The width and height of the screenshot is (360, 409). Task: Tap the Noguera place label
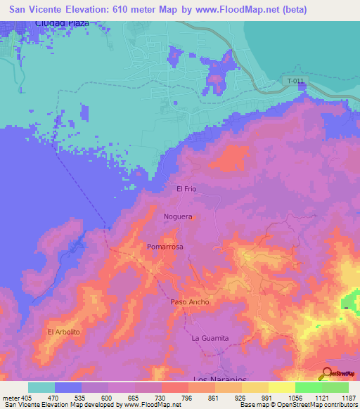coord(177,217)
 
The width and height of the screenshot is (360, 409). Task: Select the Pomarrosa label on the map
coord(165,247)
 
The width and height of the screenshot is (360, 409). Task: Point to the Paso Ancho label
coord(190,301)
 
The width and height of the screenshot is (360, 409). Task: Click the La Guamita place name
coord(210,338)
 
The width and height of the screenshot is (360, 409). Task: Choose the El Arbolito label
coord(64,331)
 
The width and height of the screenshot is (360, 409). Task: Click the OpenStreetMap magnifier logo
coord(326,373)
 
